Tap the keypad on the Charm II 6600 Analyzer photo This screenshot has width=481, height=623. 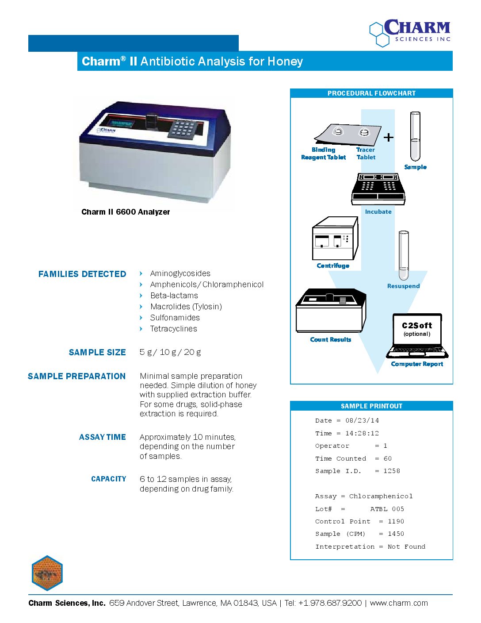tap(183, 128)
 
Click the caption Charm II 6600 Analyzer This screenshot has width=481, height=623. tap(126, 212)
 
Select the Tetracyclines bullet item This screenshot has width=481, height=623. tap(173, 329)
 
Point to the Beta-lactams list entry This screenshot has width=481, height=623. tap(174, 296)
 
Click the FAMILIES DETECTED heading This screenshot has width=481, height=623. tap(82, 274)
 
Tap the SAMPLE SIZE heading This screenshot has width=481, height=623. tap(97, 353)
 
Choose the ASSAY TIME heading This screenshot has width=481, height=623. tap(103, 437)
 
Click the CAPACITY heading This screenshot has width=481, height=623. tap(109, 479)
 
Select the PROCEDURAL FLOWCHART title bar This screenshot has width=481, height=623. tap(371, 93)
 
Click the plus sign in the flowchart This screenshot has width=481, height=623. tap(388, 138)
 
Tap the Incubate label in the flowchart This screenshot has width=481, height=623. tap(378, 212)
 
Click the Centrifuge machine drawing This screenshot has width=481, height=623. tap(335, 238)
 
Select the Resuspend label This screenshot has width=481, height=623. tap(403, 286)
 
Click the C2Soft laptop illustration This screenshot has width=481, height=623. tap(417, 336)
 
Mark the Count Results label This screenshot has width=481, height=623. tap(331, 340)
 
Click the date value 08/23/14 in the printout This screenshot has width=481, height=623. tap(362, 421)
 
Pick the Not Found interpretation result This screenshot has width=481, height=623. tap(406, 547)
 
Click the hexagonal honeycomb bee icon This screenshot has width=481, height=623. tap(47, 573)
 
